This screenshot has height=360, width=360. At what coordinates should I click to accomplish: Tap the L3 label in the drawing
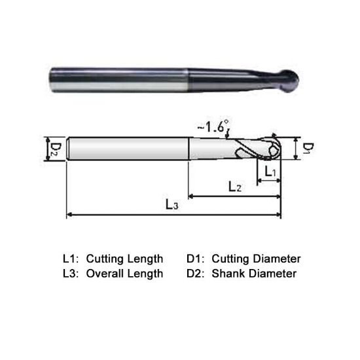pos(171,206)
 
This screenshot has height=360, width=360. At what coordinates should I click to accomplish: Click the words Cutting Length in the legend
pos(124,258)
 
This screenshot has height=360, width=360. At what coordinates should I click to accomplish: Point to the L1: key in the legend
pos(70,258)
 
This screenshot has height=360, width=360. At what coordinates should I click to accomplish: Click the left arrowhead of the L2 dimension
pos(192,196)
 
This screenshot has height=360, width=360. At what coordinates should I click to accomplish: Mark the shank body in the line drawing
pos(128,150)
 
